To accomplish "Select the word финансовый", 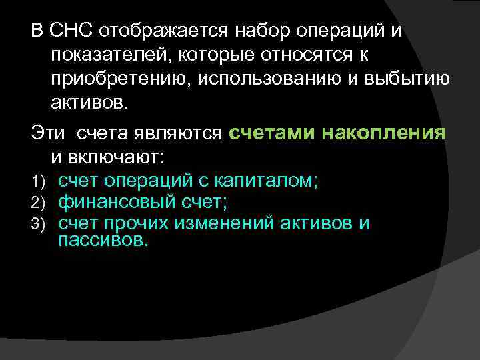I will [x=111, y=201].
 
